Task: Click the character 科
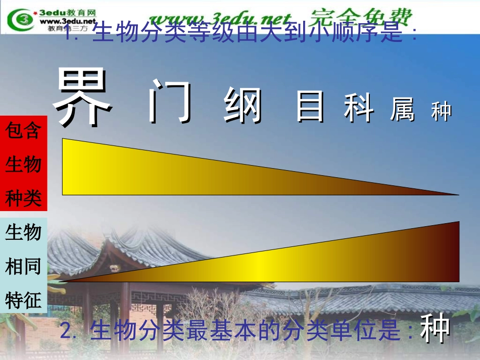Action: point(359,109)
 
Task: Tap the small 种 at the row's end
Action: point(441,112)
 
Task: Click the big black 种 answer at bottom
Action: point(435,329)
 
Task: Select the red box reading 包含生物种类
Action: point(24,164)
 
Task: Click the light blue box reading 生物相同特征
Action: point(24,266)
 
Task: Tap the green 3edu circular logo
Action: point(20,21)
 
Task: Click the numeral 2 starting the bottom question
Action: point(65,331)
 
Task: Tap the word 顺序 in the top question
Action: point(348,34)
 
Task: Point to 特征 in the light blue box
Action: point(23,301)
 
